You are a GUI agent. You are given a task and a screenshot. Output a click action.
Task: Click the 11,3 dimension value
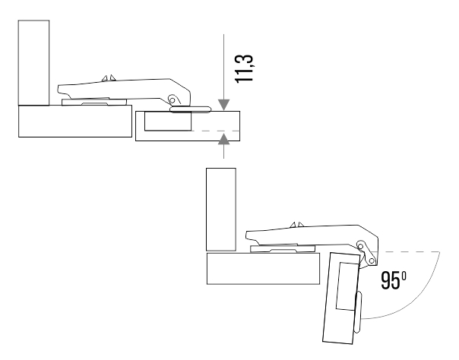click(243, 68)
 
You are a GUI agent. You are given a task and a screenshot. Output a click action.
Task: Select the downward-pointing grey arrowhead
click(224, 105)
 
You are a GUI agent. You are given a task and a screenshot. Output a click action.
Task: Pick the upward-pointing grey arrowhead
click(224, 139)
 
